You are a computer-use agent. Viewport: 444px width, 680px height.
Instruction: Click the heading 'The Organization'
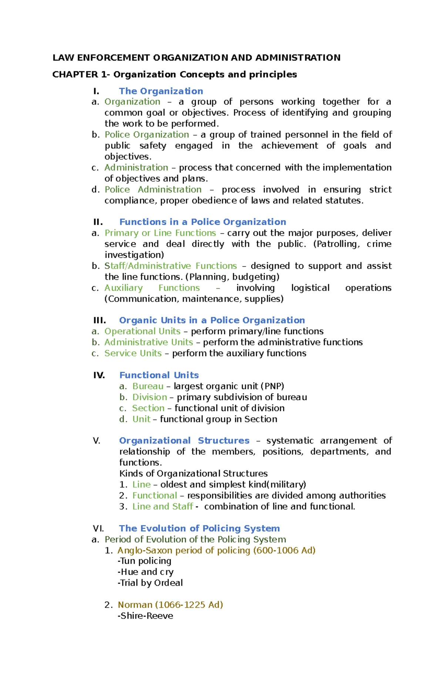[x=161, y=91]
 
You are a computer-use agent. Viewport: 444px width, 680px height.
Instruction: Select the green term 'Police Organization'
[x=147, y=135]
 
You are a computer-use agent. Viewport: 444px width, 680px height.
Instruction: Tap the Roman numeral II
[x=98, y=222]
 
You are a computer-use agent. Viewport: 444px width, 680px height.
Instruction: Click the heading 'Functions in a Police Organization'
[x=202, y=222]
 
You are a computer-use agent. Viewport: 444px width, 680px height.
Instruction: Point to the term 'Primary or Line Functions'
[x=160, y=233]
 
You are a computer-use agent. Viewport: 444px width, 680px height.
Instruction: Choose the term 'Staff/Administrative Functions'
[x=171, y=266]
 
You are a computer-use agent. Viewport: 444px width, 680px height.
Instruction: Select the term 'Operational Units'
[x=142, y=331]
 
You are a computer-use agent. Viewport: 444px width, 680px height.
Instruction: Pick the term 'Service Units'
[x=133, y=353]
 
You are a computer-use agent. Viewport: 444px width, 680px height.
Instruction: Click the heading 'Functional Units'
[x=159, y=375]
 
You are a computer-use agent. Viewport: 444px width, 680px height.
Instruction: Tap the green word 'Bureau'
[x=148, y=386]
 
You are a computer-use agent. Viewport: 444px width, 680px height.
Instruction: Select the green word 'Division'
[x=150, y=397]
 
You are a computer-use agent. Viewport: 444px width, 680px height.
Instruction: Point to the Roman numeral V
[x=97, y=441]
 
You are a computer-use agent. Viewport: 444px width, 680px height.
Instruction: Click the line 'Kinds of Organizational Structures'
[x=193, y=474]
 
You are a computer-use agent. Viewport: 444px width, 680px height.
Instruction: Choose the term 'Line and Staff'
[x=163, y=507]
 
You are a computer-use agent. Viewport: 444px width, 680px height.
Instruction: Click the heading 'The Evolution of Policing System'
[x=199, y=528]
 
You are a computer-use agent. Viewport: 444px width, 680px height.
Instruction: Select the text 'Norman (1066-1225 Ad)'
[x=170, y=605]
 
